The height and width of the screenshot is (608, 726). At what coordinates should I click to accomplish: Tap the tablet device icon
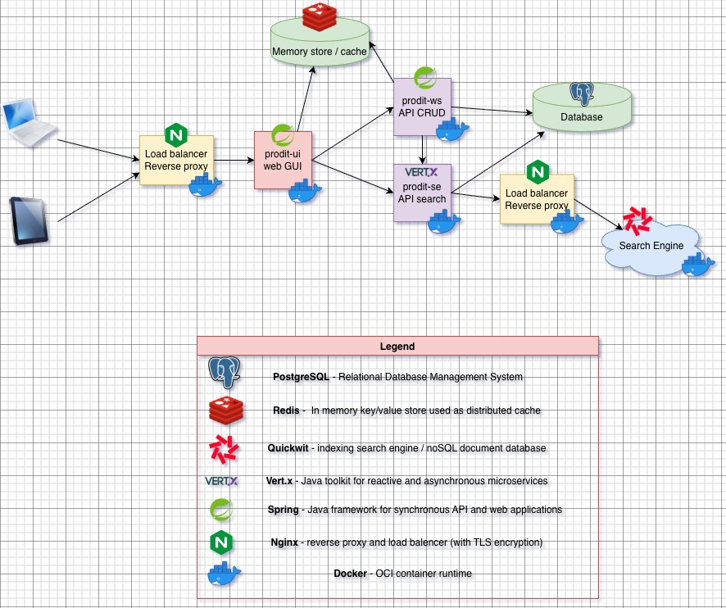pos(28,220)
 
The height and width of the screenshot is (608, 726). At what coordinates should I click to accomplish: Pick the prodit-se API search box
pos(421,193)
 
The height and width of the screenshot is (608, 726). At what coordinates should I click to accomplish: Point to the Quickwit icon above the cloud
pos(637,220)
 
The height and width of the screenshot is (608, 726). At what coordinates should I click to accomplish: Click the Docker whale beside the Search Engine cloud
pos(699,265)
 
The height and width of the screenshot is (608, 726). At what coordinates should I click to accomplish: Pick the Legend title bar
pos(397,347)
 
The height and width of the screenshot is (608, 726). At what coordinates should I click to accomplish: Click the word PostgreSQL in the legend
pos(301,377)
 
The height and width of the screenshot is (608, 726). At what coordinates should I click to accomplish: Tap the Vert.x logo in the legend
pos(221,481)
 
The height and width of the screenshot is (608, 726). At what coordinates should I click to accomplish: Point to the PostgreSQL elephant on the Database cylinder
pos(582,94)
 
